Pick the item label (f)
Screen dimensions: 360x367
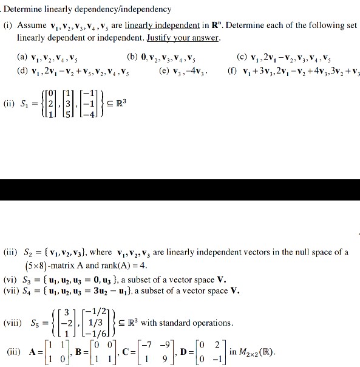[231, 70]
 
